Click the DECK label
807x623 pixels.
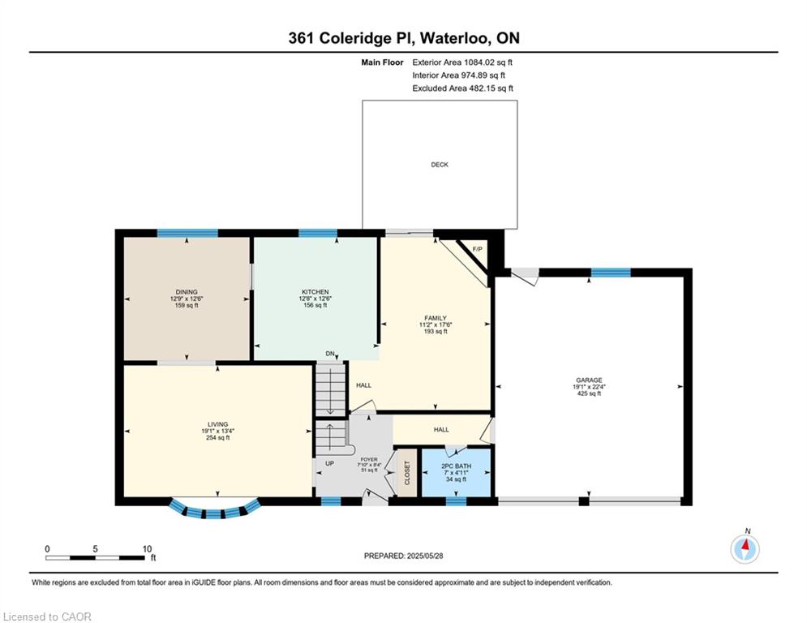pos(440,165)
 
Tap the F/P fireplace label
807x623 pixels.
pos(477,250)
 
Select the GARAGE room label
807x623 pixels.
pos(589,380)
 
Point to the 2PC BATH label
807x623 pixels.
pos(456,466)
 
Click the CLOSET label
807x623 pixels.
pos(407,473)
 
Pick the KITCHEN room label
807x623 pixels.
pos(315,292)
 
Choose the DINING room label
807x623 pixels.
pos(187,292)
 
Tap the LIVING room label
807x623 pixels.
pos(217,425)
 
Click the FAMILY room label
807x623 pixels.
pos(436,318)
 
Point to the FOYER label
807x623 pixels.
pos(369,459)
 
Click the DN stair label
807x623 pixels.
pos(330,354)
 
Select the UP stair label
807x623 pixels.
pos(330,463)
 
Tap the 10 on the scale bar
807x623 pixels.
pos(147,549)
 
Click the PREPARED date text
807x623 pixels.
pos(404,556)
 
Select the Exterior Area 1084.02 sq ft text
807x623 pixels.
pos(462,62)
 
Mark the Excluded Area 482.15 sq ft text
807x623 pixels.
pos(462,88)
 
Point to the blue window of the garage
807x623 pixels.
pos(611,273)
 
